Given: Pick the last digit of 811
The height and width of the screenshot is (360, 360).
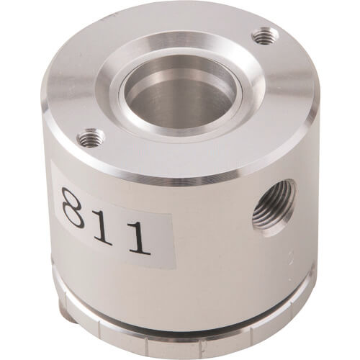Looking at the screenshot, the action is pyautogui.click(x=139, y=238).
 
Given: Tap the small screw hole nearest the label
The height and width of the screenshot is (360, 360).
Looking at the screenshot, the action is pyautogui.click(x=91, y=138).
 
